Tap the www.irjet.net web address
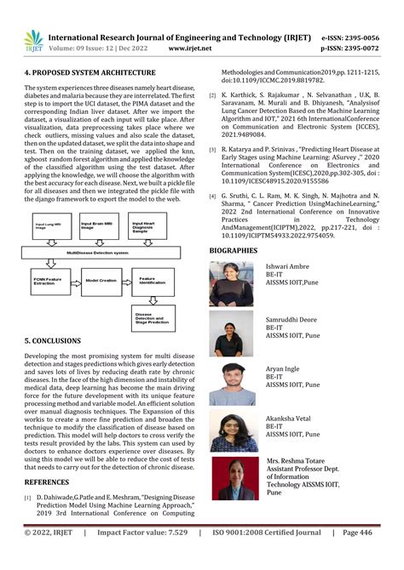[190, 48]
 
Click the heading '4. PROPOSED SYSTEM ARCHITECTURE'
[89, 73]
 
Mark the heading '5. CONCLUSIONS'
[53, 340]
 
